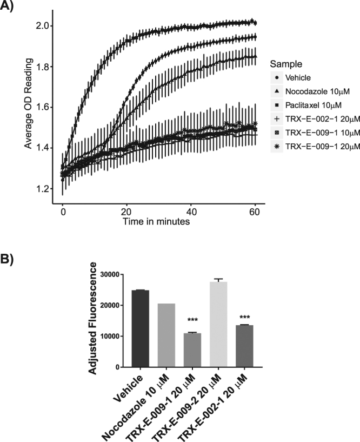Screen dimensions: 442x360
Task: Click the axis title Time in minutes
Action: [x=156, y=221]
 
